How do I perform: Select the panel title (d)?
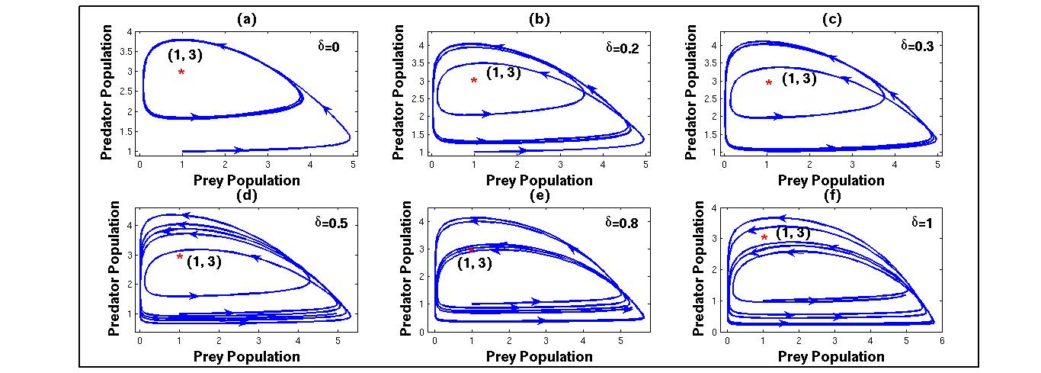pos(248,194)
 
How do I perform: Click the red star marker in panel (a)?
pos(181,72)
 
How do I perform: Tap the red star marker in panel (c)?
pos(769,83)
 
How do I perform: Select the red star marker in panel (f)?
pos(764,238)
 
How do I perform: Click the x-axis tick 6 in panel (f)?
pos(941,342)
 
